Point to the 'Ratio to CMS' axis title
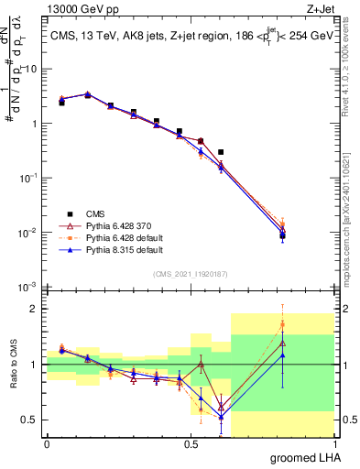click(13, 365)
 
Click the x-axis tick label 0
click(47, 442)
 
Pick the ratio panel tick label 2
click(35, 309)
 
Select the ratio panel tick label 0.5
click(30, 420)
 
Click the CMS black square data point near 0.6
click(221, 152)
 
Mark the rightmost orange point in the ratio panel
click(282, 323)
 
